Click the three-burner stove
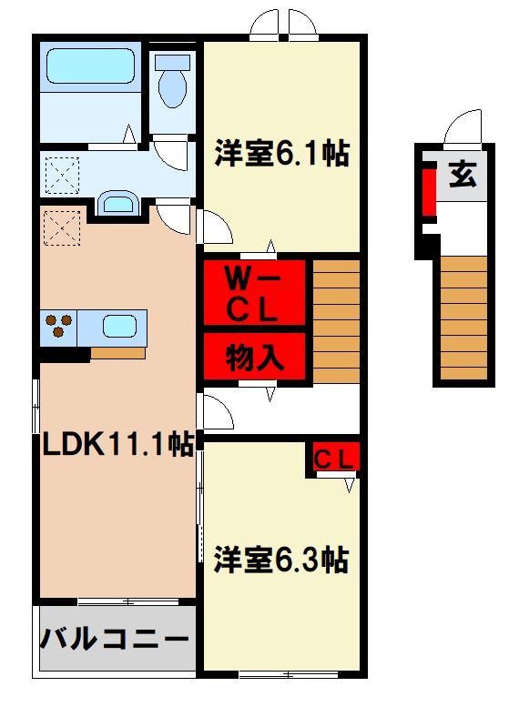[x=58, y=327]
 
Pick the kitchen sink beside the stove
[x=118, y=326]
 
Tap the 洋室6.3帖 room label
[x=281, y=560]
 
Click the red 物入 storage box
[x=253, y=356]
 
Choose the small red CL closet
[x=334, y=459]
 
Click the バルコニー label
[x=115, y=638]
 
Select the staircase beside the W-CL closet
[x=336, y=320]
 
